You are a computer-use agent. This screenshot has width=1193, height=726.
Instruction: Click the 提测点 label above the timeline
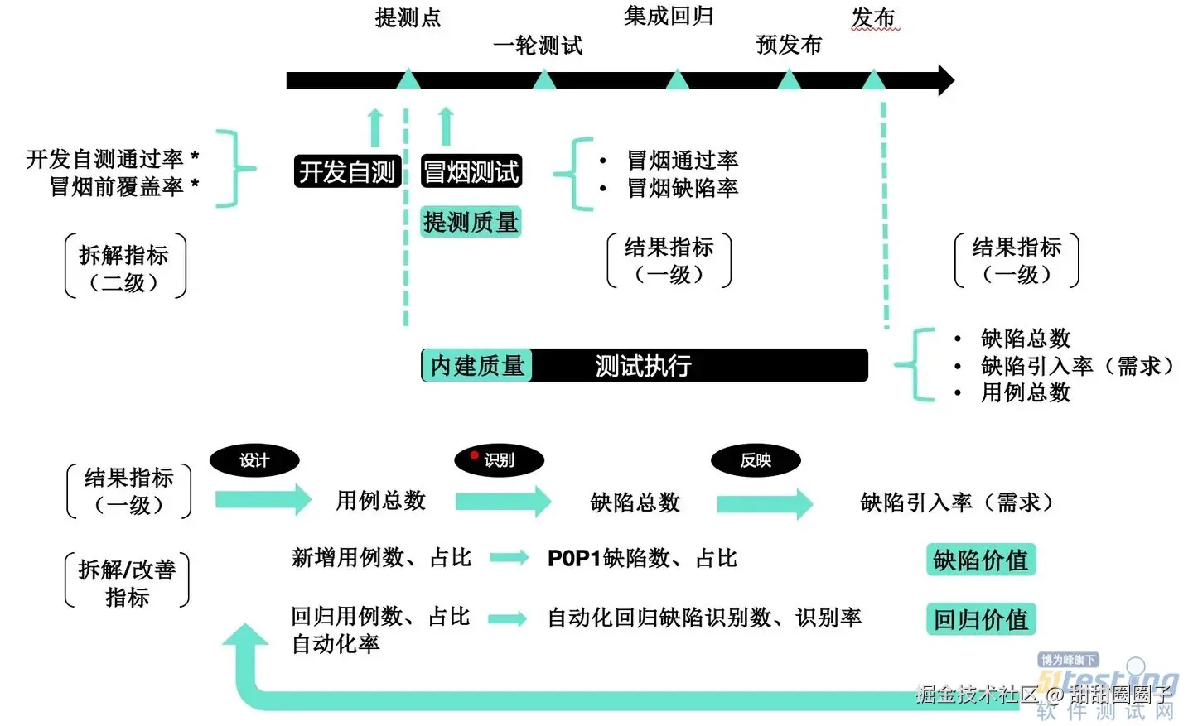(x=408, y=17)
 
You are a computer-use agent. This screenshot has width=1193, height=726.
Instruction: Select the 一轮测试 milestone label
(x=538, y=45)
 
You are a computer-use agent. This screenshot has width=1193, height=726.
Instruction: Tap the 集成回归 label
(x=669, y=16)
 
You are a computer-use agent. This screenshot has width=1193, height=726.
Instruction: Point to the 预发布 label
(x=789, y=45)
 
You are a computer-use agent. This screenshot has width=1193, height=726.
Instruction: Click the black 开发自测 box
(x=347, y=171)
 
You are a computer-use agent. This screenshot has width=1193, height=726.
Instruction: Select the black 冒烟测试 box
(x=471, y=171)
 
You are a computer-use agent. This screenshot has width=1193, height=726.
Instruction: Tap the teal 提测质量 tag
(x=471, y=222)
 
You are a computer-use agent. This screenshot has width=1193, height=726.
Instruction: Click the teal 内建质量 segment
(x=477, y=365)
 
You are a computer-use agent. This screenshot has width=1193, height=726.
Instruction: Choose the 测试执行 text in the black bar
(x=643, y=365)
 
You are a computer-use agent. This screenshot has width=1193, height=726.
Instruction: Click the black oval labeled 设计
(x=254, y=460)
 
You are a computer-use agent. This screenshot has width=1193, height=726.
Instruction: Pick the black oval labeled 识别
(x=499, y=460)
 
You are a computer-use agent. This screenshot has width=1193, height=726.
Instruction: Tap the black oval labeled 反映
(x=756, y=460)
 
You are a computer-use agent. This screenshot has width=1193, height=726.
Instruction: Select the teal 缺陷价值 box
(x=980, y=560)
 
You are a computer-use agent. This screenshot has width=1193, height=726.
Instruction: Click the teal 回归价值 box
(x=980, y=619)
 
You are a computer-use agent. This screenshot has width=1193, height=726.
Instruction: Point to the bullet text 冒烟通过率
(x=682, y=160)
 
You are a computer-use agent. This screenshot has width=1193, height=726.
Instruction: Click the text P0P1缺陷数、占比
(x=642, y=559)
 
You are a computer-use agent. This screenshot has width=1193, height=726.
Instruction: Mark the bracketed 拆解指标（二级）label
(x=125, y=268)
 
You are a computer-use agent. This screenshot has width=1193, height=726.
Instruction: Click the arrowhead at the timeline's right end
(x=944, y=80)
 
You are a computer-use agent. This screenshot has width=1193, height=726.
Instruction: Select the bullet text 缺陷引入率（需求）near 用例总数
(x=1077, y=365)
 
